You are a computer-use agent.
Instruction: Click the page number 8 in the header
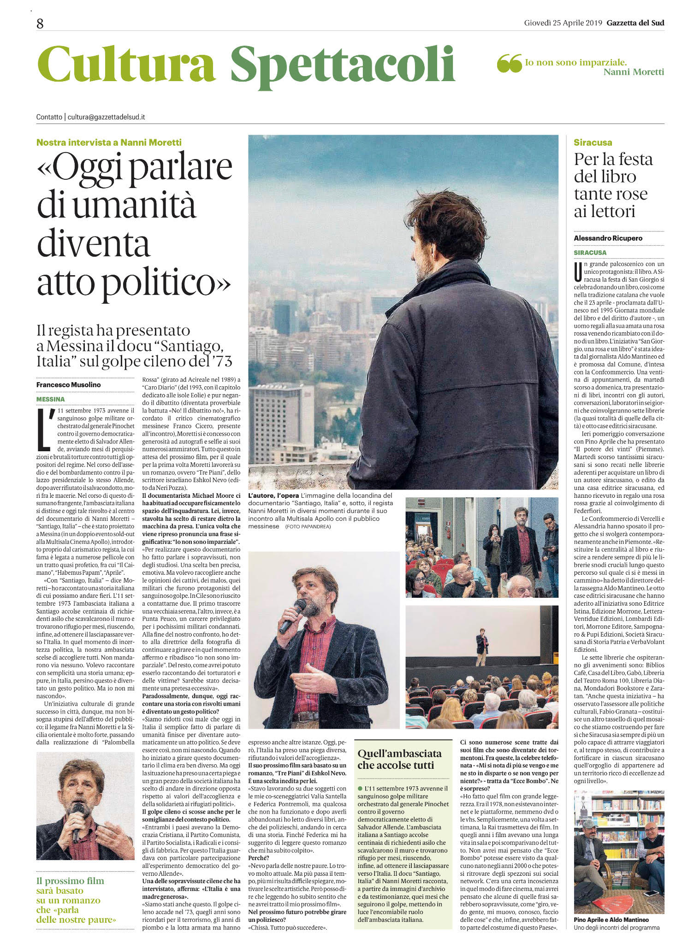tap(40, 24)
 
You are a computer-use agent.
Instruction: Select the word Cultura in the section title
tap(126, 65)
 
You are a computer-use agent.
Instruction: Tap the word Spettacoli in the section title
tap(343, 65)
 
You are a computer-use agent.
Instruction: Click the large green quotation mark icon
tap(509, 63)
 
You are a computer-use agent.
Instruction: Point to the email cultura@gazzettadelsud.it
tap(107, 117)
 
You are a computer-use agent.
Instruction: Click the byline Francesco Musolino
tap(69, 384)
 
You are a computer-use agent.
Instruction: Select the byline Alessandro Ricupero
tap(608, 238)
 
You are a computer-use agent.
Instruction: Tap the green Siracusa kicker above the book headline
tap(593, 142)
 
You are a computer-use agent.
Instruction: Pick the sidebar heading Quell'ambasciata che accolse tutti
tap(399, 759)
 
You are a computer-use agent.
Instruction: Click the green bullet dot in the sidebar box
tap(360, 789)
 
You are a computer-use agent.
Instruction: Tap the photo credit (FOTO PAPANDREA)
tap(308, 526)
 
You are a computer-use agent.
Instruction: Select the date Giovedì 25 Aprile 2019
tap(563, 23)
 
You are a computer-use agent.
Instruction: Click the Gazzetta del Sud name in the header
tap(635, 23)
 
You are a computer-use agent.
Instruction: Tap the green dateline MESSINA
tap(51, 399)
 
